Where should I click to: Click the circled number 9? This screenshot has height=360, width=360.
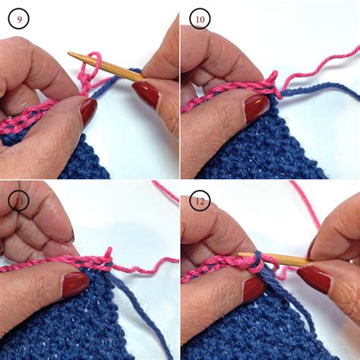coord(19,18)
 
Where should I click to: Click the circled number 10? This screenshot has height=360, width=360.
coord(200,18)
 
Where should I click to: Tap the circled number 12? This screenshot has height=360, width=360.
coord(200,200)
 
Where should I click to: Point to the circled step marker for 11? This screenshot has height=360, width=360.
coord(19,200)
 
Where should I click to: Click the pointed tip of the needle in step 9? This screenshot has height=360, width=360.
coord(70,55)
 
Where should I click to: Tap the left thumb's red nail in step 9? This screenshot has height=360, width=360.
coord(88,111)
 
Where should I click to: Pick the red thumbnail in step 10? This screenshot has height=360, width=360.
coord(256,107)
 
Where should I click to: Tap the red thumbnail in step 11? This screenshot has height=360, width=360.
coord(75,284)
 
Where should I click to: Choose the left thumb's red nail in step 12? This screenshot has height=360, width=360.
coord(254,287)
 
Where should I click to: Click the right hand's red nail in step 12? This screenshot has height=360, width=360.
coord(313,279)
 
